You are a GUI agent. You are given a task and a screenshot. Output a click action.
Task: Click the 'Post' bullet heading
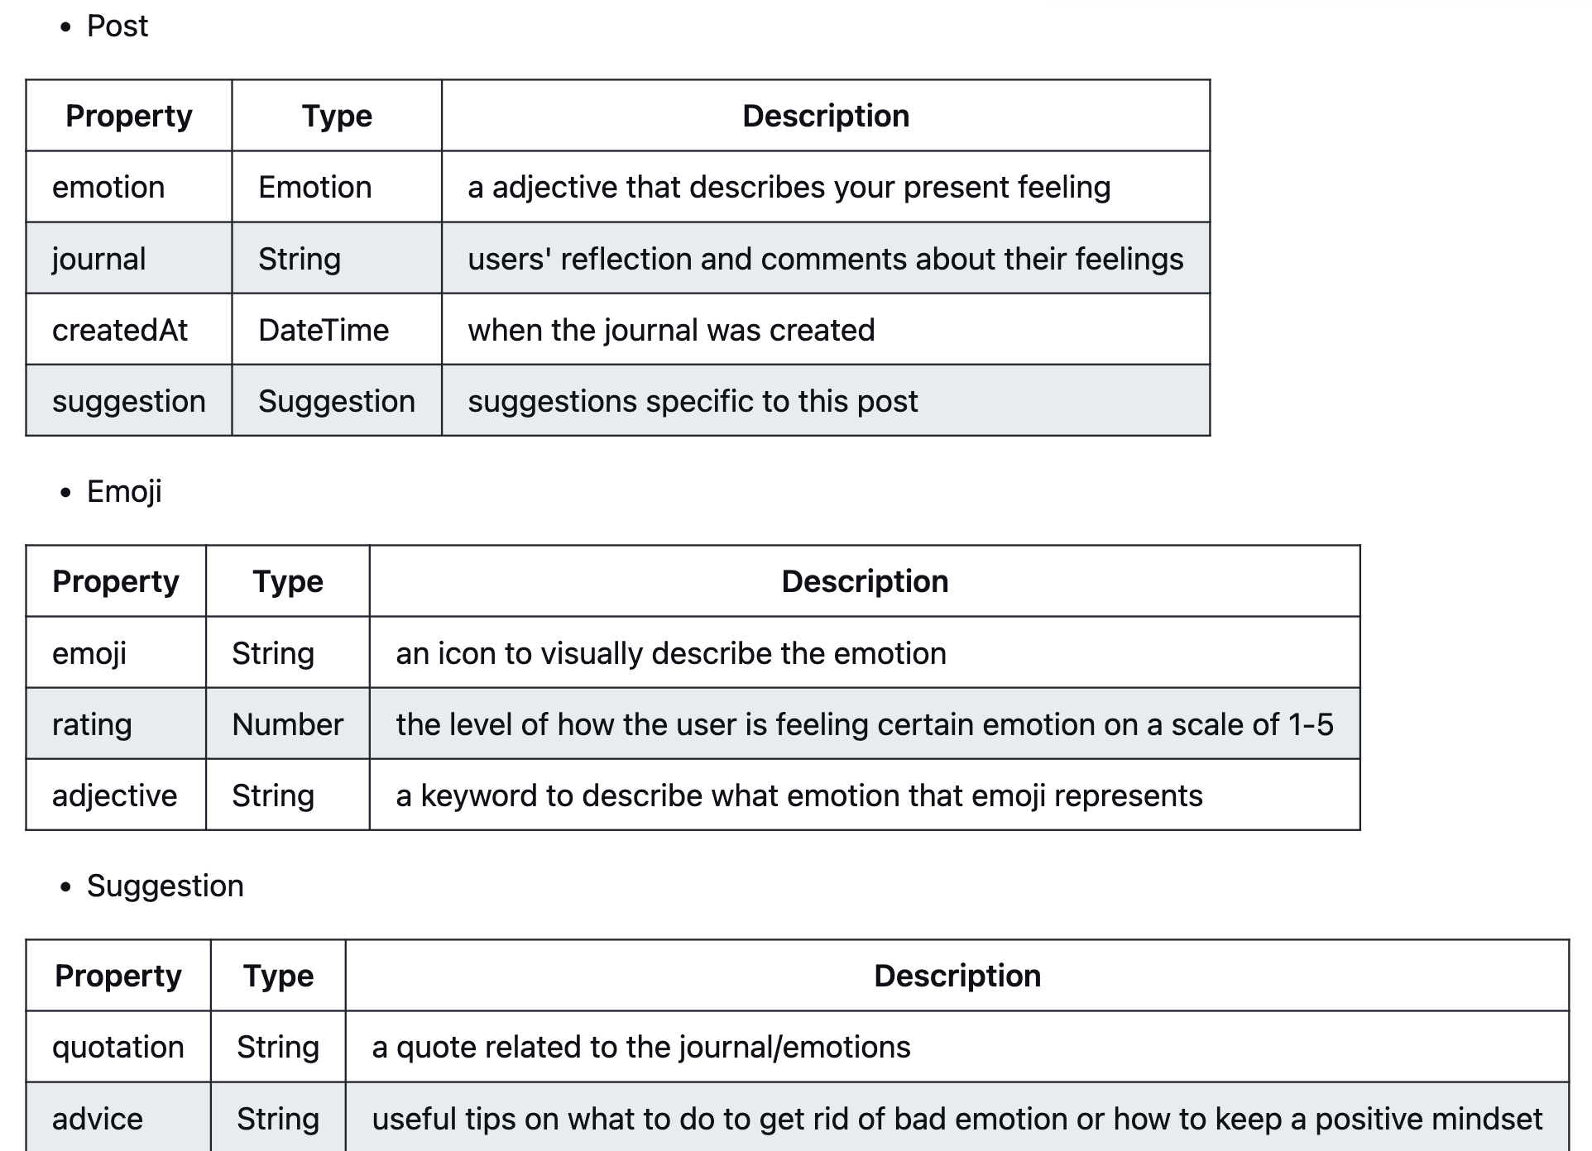(117, 26)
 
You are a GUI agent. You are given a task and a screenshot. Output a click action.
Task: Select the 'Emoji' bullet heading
(124, 492)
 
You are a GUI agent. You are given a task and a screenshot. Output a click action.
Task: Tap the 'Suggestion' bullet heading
(165, 886)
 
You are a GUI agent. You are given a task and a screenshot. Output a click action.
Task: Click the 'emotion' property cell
(108, 188)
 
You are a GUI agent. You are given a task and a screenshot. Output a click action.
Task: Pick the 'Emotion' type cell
(314, 188)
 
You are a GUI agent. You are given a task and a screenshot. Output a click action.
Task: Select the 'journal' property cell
(98, 260)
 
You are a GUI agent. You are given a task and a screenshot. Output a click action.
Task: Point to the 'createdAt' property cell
(120, 331)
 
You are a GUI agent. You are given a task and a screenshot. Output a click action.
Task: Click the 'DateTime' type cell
(324, 331)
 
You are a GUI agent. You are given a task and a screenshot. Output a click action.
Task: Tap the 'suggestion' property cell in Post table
(128, 402)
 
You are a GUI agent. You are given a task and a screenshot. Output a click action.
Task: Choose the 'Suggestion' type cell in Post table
(336, 402)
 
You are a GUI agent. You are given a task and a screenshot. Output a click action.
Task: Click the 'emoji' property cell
(89, 654)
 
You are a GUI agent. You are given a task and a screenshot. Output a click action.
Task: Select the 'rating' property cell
(92, 725)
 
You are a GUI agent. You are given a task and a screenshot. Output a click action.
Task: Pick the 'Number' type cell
(287, 725)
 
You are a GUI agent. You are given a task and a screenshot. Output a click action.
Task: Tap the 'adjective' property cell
(114, 796)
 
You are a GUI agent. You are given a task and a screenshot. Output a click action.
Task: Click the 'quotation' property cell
(117, 1048)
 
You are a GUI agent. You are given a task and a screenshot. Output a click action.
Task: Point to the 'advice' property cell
(98, 1120)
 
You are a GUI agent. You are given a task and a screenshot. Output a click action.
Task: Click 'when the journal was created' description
(671, 331)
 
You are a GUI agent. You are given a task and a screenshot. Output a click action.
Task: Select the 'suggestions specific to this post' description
(693, 402)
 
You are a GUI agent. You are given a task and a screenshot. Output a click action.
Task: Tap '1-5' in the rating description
(1311, 725)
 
